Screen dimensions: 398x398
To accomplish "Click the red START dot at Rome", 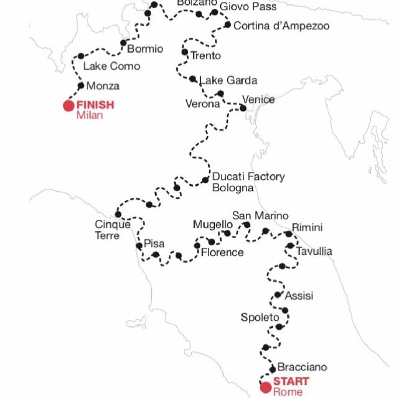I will click(x=266, y=388).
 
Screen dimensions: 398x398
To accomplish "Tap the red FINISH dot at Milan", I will click(x=68, y=106).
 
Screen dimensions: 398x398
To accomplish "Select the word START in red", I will click(x=291, y=381).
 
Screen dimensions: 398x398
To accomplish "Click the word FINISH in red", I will click(x=95, y=105).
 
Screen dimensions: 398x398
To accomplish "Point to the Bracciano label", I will click(x=302, y=367).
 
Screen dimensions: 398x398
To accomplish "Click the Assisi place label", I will click(x=299, y=296).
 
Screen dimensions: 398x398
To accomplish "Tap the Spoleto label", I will click(x=260, y=317).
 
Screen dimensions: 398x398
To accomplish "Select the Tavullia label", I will click(x=314, y=251).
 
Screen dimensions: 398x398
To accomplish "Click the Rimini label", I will click(x=307, y=228).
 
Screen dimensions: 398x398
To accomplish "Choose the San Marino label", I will click(x=260, y=216).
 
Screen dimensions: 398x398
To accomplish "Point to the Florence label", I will click(x=222, y=252).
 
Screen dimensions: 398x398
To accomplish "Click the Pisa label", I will click(x=154, y=244).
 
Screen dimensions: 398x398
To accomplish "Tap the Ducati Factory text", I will click(x=248, y=177).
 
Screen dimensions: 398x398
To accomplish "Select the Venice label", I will click(x=258, y=100).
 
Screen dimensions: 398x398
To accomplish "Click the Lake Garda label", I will click(x=228, y=80).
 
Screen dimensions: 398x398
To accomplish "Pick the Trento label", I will click(x=206, y=56).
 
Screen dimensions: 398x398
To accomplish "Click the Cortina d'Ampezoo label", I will click(x=281, y=26).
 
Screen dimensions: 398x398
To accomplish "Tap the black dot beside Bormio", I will click(x=123, y=43).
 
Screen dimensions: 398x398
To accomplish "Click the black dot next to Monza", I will click(x=81, y=86).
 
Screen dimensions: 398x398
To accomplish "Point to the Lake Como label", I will click(x=112, y=66).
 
